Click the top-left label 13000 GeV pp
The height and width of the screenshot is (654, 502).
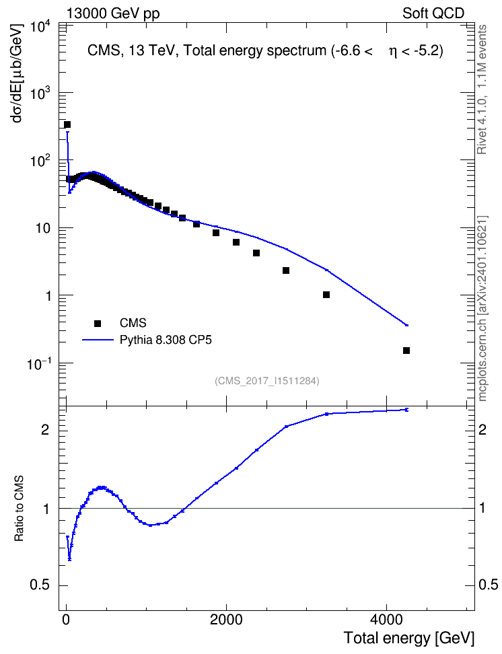112,13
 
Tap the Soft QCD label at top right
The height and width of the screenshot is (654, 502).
433,13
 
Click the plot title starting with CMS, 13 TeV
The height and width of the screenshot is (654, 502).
265,51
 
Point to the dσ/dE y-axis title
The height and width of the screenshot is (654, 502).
17,73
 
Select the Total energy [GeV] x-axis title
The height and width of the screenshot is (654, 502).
409,638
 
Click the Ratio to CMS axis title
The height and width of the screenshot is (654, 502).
19,508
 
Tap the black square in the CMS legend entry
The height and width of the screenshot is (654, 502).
98,323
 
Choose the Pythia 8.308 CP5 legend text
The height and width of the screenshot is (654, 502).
166,340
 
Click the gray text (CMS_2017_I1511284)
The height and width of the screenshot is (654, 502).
267,381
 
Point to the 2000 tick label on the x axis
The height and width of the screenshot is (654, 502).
226,620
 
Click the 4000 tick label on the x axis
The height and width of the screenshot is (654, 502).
386,620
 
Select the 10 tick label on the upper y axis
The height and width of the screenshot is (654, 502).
43,229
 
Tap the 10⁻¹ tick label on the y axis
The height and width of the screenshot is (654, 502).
39,363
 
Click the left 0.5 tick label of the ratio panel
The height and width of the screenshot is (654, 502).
40,585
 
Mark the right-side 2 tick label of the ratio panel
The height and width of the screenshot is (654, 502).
482,429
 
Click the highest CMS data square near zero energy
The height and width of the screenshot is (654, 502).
67,124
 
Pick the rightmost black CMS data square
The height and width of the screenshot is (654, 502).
406,351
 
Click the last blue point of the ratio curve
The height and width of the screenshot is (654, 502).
407,410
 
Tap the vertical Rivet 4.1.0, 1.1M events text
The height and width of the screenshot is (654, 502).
482,89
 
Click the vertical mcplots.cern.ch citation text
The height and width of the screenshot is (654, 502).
482,309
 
